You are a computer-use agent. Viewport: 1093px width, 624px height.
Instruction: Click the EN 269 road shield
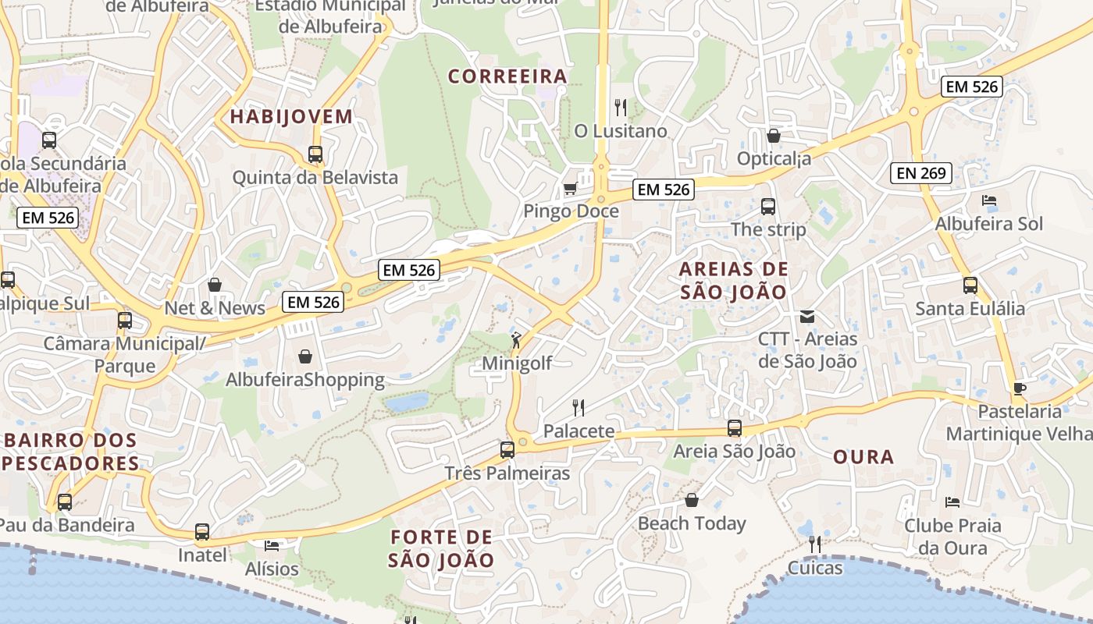click(x=921, y=173)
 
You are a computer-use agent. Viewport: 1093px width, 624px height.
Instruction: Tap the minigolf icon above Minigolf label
click(x=516, y=340)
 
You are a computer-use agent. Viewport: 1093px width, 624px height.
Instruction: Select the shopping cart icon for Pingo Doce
click(x=571, y=189)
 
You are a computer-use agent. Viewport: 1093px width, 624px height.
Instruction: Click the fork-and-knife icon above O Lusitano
click(x=621, y=107)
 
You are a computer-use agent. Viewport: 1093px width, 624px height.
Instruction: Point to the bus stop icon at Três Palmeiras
click(x=507, y=450)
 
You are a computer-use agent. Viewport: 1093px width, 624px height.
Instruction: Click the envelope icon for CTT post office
click(x=807, y=317)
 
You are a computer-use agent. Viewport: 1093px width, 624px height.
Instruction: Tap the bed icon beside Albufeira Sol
click(x=988, y=200)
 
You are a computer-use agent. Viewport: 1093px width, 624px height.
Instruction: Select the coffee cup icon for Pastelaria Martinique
click(x=1019, y=388)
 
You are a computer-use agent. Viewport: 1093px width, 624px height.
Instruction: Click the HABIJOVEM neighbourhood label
click(x=291, y=117)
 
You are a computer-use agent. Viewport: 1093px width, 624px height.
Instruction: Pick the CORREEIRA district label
click(x=507, y=76)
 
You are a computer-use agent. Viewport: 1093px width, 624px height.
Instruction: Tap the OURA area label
click(x=863, y=457)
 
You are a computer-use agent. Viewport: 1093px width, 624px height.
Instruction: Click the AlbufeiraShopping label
click(x=305, y=380)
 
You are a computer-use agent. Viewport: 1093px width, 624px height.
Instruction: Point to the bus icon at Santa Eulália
click(x=970, y=285)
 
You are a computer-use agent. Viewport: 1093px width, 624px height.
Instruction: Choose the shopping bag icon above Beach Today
click(x=692, y=500)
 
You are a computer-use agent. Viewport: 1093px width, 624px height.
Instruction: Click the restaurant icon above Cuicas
click(x=815, y=544)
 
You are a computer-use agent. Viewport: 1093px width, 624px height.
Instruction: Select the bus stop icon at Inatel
click(x=202, y=532)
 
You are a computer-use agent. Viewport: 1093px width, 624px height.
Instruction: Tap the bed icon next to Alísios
click(x=272, y=545)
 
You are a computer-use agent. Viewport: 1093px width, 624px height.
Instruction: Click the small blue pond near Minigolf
click(x=406, y=402)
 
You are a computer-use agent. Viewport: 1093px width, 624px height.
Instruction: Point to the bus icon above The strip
click(x=768, y=207)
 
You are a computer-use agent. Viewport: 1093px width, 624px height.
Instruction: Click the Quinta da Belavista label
click(x=315, y=177)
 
